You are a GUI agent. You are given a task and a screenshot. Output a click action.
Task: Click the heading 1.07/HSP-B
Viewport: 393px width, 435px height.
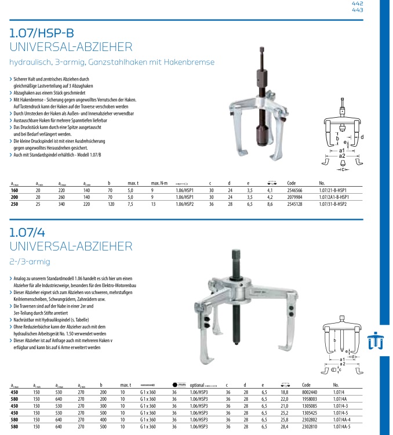(x=42, y=33)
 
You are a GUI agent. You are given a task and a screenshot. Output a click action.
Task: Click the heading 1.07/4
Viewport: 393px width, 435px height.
(x=27, y=233)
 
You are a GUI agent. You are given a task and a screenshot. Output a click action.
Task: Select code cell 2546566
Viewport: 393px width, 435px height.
(x=296, y=190)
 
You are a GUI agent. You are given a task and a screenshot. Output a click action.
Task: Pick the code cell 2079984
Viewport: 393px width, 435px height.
(x=296, y=197)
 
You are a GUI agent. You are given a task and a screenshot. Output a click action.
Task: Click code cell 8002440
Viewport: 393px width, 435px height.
(x=311, y=392)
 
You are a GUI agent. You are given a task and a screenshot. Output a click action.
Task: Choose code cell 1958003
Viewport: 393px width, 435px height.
(x=311, y=399)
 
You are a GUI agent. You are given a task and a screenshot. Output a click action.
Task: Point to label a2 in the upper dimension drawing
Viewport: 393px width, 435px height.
(x=341, y=156)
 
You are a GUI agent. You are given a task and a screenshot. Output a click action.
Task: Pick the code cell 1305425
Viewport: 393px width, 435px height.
(x=311, y=414)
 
